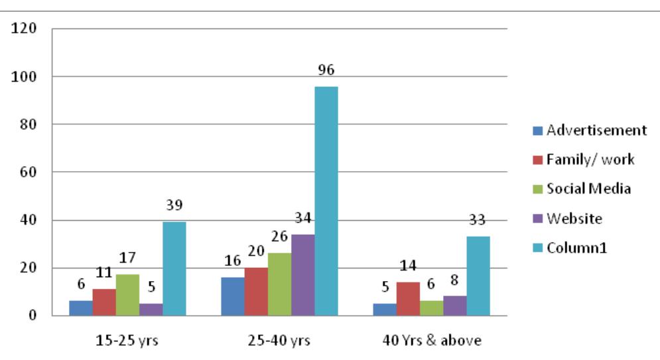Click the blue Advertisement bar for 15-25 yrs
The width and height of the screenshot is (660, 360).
[81, 308]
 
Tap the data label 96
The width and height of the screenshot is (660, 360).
[326, 70]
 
